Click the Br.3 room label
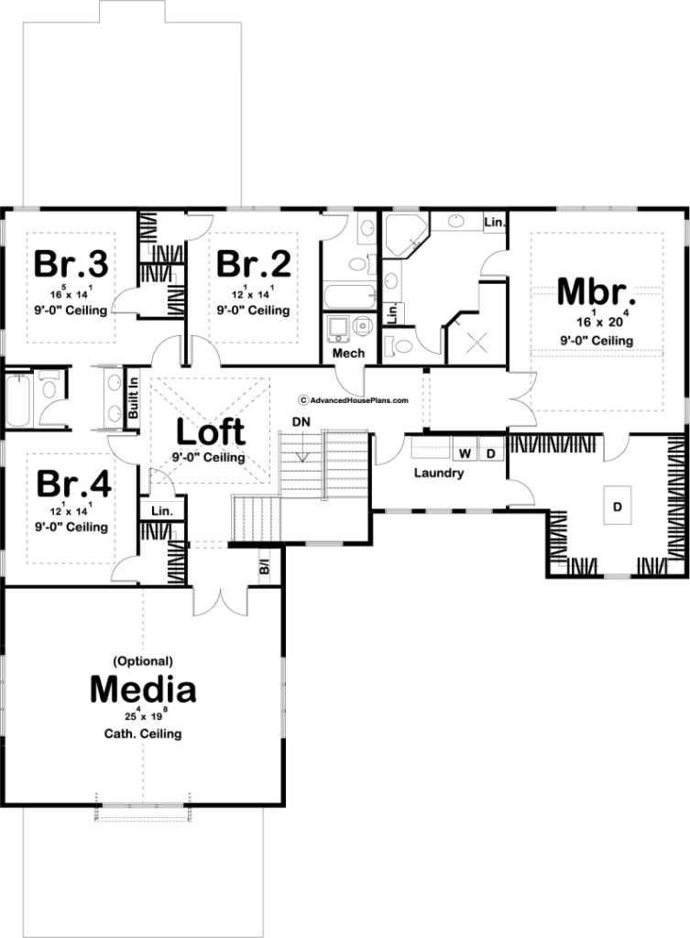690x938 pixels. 71,264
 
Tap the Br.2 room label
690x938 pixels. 254,264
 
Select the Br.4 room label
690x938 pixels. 73,484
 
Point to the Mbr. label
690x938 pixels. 596,291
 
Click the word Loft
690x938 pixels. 211,431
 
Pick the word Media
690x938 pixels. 143,689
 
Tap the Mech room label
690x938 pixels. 348,353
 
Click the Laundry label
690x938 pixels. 439,474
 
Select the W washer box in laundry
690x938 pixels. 465,453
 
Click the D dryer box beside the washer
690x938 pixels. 491,453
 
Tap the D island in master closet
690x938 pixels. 617,506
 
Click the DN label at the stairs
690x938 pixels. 301,421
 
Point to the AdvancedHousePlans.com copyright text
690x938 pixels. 354,400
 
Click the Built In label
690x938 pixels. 134,398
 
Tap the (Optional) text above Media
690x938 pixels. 143,661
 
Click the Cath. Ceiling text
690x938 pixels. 143,734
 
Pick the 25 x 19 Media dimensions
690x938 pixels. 143,714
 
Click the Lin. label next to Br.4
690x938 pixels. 161,511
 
